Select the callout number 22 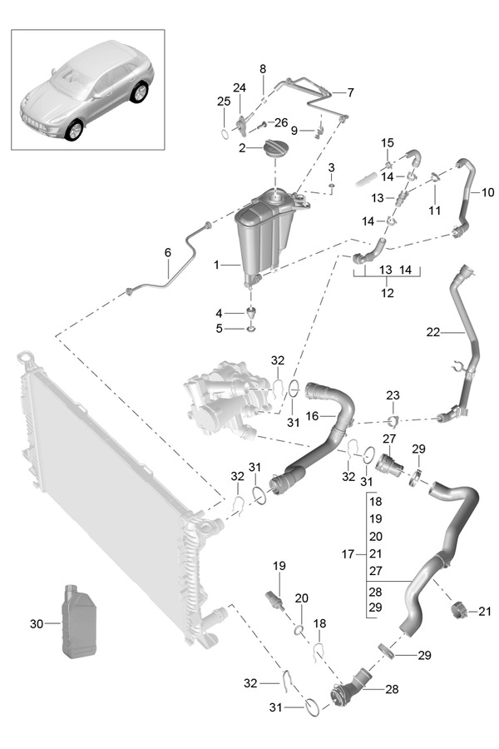(x=432, y=331)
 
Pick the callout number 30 (x=35, y=623)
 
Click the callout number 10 (x=487, y=192)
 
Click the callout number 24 (x=240, y=88)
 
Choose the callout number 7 (x=350, y=92)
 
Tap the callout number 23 (x=393, y=394)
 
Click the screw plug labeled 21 (x=457, y=613)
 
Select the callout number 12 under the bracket (x=386, y=293)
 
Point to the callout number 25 (x=223, y=101)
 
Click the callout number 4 (x=220, y=314)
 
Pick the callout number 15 (x=387, y=143)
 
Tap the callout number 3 (x=331, y=168)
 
